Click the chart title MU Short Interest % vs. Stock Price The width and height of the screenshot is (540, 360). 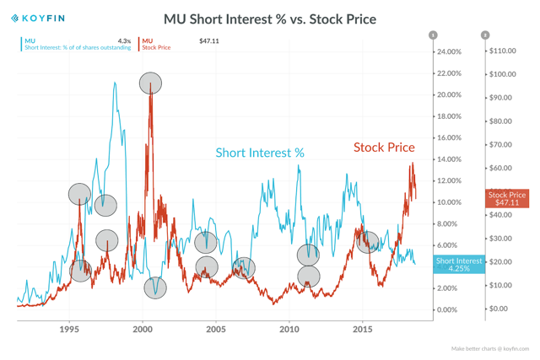click(x=270, y=19)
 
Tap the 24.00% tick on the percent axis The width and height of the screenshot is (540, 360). click(x=448, y=52)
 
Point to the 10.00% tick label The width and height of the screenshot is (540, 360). click(x=448, y=202)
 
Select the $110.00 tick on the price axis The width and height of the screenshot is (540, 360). click(x=501, y=51)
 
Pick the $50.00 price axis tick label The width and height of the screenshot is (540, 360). click(x=501, y=192)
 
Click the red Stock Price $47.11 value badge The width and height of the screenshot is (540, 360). click(x=507, y=199)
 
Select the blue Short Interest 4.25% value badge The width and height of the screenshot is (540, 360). click(x=459, y=265)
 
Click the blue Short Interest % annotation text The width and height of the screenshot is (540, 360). click(x=260, y=153)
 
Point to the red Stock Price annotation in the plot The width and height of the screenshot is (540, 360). click(x=384, y=148)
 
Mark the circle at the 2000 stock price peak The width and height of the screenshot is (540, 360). click(x=150, y=83)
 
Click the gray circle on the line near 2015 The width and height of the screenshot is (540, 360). click(x=368, y=243)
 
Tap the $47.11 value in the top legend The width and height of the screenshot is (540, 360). click(x=209, y=40)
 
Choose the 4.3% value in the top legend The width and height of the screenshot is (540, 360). click(x=124, y=40)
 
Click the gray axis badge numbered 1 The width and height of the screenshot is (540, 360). click(x=433, y=35)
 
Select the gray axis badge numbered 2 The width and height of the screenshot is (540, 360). click(x=485, y=35)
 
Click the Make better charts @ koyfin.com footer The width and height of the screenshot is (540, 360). click(x=489, y=348)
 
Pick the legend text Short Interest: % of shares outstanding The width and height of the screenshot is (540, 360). click(x=78, y=48)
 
